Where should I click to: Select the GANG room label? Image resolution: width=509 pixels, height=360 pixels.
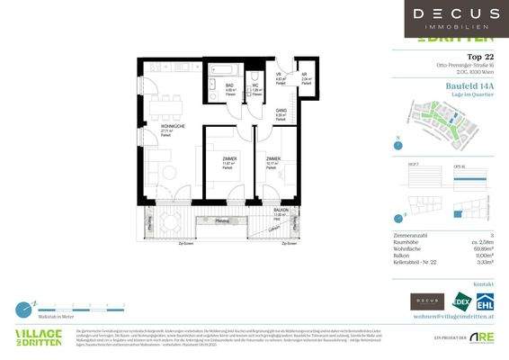coord(281,112)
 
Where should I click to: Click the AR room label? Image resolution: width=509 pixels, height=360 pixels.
coord(304,76)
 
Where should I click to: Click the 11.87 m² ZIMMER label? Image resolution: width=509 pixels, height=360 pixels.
coord(230,161)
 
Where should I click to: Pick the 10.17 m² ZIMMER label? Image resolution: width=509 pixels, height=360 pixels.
coord(272,161)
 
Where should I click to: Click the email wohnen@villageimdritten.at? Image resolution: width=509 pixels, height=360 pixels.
coord(456,318)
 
